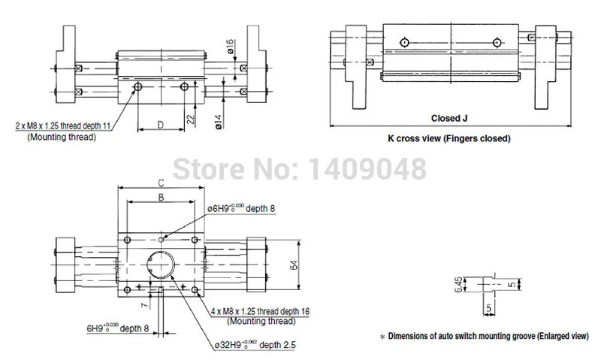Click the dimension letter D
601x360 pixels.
tap(161, 125)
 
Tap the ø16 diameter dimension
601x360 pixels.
tap(230, 46)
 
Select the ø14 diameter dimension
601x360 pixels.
tap(219, 121)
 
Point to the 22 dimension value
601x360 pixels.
tap(191, 119)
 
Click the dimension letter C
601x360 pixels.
tap(162, 183)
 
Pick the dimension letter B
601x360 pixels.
tap(162, 197)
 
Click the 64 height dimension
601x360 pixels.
tap(294, 265)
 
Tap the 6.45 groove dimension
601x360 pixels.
tap(459, 285)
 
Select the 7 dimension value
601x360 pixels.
tap(144, 305)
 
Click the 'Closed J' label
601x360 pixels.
tap(449, 118)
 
